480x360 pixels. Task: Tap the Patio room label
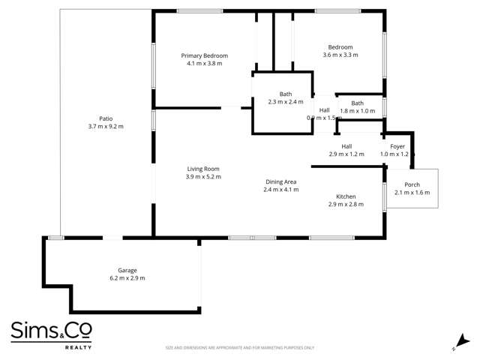106,118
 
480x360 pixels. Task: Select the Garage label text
127,270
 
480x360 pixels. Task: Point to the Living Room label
203,169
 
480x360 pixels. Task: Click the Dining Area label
281,181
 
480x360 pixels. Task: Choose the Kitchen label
346,196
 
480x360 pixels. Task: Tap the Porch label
412,184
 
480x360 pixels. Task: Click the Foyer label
397,146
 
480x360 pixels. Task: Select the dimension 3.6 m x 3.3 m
340,55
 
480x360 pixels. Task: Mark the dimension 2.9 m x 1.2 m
346,154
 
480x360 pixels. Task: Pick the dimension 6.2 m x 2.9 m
127,278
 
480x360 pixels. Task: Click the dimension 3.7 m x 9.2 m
106,126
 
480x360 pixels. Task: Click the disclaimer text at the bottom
240,348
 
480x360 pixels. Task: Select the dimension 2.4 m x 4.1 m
281,190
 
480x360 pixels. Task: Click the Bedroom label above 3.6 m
340,46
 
